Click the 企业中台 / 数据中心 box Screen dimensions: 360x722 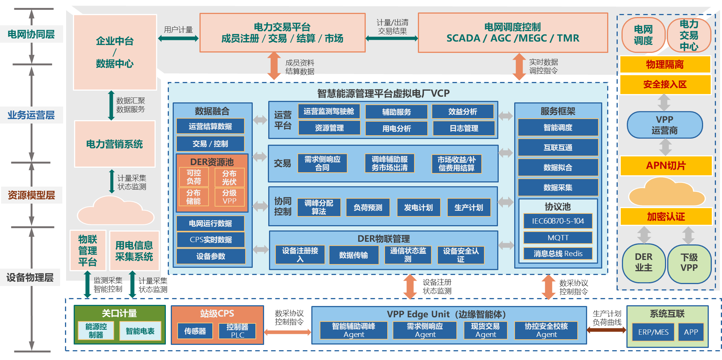pos(115,52)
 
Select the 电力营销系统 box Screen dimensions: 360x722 pos(115,144)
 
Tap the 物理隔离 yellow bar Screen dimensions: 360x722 pos(665,65)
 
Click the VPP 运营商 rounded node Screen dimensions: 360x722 pos(665,125)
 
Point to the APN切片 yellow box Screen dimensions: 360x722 pos(666,165)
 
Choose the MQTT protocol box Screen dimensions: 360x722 pos(558,238)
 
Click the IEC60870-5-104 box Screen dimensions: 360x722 pos(558,221)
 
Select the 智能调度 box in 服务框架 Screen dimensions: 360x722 pos(558,128)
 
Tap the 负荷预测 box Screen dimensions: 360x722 pos(368,207)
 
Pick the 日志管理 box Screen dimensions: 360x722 pos(464,128)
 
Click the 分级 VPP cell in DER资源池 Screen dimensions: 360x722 pos(229,197)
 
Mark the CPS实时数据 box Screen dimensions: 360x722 pos(210,239)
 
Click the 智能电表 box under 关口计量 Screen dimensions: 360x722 pos(140,331)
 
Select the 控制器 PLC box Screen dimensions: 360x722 pos(237,331)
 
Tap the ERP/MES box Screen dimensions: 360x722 pos(653,332)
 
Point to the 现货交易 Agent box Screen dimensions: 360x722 pos(485,330)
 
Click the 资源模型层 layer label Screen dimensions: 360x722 pos(31,195)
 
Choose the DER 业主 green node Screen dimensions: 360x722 pos(643,263)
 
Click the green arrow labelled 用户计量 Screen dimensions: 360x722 pos(178,39)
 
